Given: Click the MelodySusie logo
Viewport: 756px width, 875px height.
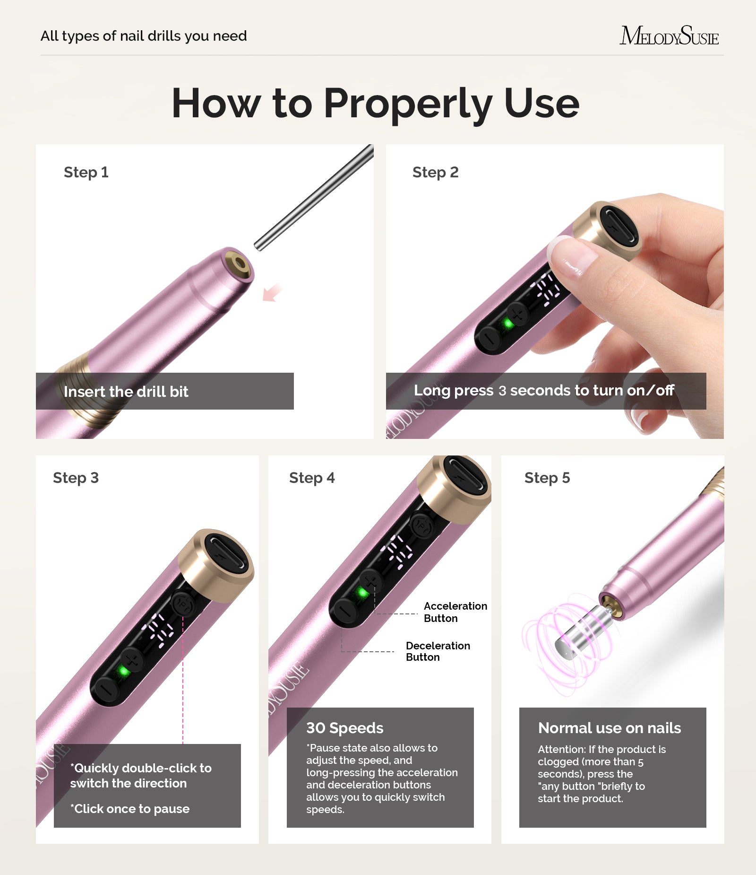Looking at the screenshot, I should (669, 36).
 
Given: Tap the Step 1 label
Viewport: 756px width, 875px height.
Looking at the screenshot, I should (86, 172).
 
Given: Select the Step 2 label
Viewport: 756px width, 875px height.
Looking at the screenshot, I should (435, 172).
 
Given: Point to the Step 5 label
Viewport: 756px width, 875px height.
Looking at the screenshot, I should (547, 478).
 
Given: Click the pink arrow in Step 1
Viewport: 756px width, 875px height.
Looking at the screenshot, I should (272, 293).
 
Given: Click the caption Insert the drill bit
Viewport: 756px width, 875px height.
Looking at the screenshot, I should (126, 392).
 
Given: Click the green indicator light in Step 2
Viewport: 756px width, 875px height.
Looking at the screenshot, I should (508, 324).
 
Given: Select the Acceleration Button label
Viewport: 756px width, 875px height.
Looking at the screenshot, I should (455, 612).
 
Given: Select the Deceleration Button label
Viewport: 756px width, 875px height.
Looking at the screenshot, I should (438, 651).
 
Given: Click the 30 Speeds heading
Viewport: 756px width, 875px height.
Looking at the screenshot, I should (344, 728).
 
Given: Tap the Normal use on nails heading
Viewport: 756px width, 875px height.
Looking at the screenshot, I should (609, 728).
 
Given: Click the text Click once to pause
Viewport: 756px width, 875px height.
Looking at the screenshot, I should (130, 809).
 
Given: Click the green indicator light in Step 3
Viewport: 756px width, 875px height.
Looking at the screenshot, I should (124, 671).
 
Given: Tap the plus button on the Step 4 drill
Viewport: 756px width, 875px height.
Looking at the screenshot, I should (371, 581).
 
